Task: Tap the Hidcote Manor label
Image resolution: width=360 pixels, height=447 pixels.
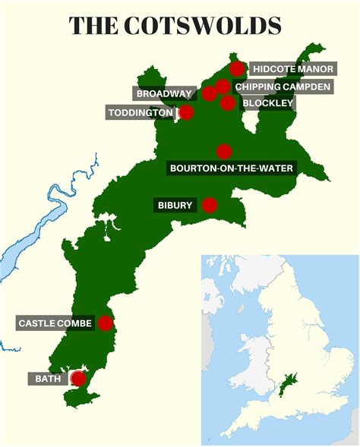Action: tap(293, 69)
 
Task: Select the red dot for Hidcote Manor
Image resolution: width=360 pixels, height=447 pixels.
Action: tap(237, 69)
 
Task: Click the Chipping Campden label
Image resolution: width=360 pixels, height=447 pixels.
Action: tap(283, 87)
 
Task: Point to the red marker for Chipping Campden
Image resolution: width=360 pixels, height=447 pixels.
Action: tap(222, 86)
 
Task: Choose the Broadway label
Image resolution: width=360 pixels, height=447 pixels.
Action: tap(164, 94)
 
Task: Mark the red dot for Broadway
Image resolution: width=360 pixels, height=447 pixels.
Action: tap(209, 94)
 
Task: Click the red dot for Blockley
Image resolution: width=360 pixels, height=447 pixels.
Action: tap(228, 103)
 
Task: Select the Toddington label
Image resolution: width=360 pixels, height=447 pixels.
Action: tap(140, 113)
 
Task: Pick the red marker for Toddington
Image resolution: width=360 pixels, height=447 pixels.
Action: tap(185, 113)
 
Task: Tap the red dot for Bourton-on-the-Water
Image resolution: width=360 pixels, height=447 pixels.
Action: tap(223, 151)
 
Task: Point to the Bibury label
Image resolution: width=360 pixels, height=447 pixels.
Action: tap(175, 205)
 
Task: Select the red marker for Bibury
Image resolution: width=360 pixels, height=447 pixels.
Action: tap(210, 205)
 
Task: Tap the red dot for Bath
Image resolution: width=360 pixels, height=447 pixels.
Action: tap(78, 378)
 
